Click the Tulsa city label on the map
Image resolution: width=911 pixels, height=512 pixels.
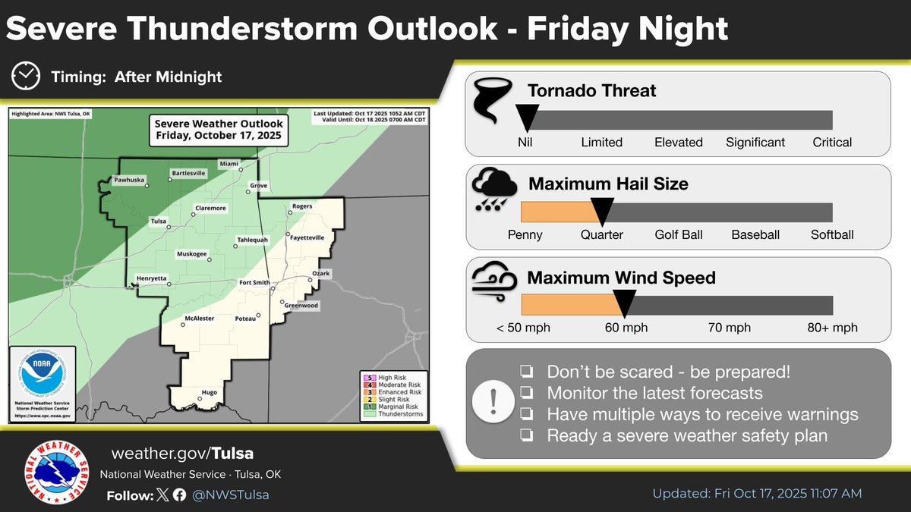[x=158, y=221]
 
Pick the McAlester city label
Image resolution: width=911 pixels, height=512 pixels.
[x=199, y=318]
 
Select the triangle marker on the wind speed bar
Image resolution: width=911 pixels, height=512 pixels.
[x=624, y=304]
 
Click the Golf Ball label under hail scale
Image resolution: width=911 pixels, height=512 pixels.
[x=677, y=235]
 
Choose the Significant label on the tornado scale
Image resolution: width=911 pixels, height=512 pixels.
[x=755, y=142]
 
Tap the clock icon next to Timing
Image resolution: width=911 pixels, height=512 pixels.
[x=27, y=76]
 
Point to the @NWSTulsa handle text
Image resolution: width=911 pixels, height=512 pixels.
[x=231, y=495]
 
